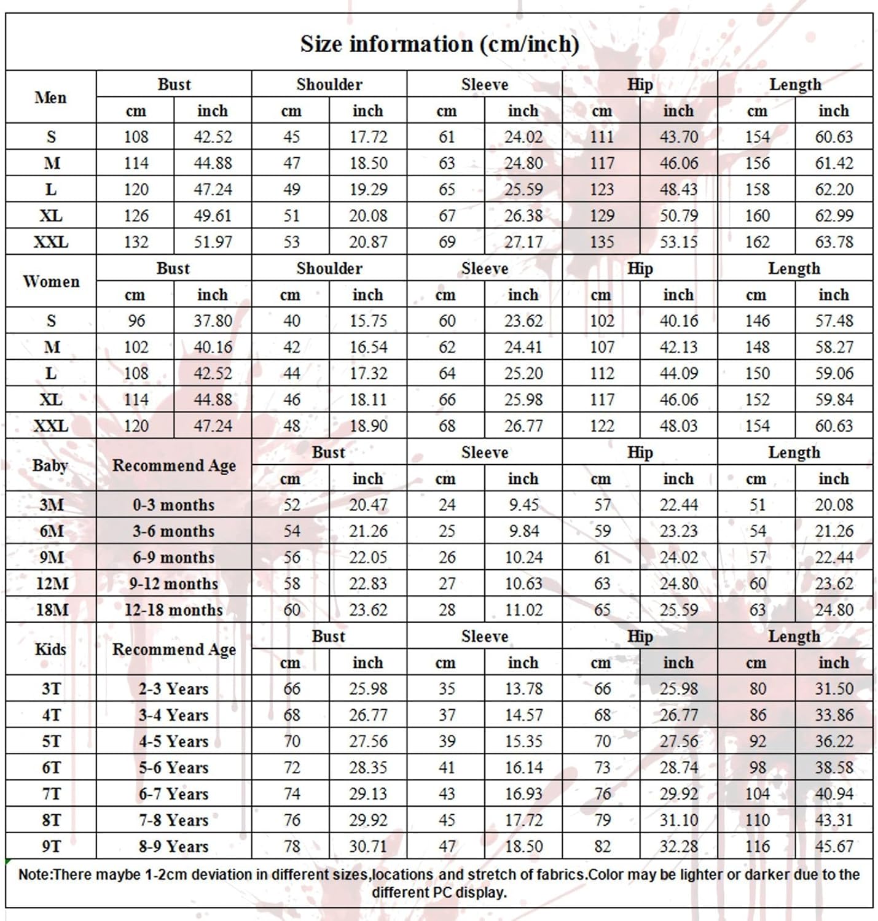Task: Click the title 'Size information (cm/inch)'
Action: (x=439, y=44)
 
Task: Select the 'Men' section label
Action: (x=50, y=98)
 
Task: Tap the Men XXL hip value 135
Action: (x=602, y=242)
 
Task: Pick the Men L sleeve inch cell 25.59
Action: (x=523, y=189)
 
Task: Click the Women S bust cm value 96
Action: (x=136, y=321)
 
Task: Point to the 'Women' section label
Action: (x=51, y=281)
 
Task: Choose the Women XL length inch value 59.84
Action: (x=834, y=400)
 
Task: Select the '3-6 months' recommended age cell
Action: (x=174, y=531)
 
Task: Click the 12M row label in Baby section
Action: (x=52, y=583)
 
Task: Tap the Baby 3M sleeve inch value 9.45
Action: (x=523, y=505)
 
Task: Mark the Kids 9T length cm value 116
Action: (x=757, y=846)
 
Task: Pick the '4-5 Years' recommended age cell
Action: (x=174, y=741)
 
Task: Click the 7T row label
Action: (x=52, y=794)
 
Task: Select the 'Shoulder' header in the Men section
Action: (x=329, y=84)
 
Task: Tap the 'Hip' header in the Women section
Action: (x=640, y=268)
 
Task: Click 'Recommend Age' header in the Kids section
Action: (x=174, y=650)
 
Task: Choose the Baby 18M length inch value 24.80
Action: (x=834, y=610)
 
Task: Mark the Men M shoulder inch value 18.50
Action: (x=368, y=163)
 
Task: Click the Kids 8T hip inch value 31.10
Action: (x=678, y=820)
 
